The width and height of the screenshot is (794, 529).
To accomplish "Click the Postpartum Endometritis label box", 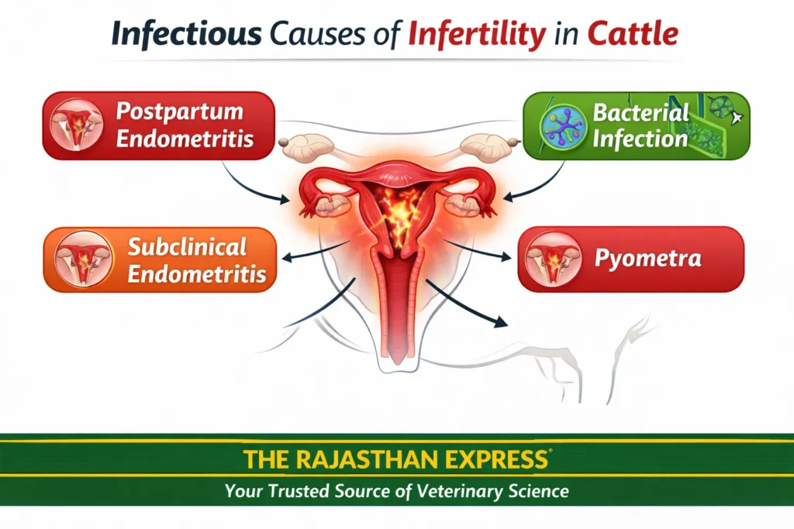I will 160,125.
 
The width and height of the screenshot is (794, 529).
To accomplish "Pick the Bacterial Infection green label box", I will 636,126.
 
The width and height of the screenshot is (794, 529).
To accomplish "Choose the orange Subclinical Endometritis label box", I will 160,259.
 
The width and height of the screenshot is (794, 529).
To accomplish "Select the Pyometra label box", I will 630,259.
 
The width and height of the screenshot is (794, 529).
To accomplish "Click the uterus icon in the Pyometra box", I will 554,259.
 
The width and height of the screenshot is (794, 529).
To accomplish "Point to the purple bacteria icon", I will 564,125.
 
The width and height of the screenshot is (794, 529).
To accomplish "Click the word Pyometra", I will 647,259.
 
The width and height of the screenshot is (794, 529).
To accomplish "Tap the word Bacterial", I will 640,113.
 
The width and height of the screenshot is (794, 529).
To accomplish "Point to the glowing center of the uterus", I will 399,213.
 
